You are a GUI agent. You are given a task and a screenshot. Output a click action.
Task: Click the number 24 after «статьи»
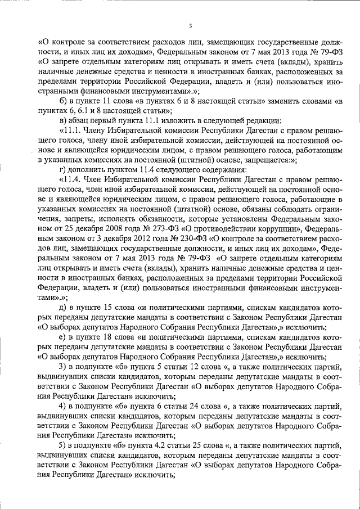(193, 404)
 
